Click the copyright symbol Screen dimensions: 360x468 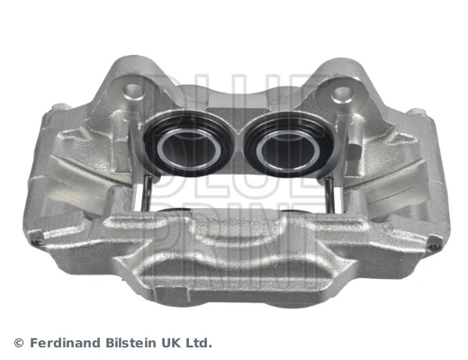[18, 343]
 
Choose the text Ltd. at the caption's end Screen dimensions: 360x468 [200, 343]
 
